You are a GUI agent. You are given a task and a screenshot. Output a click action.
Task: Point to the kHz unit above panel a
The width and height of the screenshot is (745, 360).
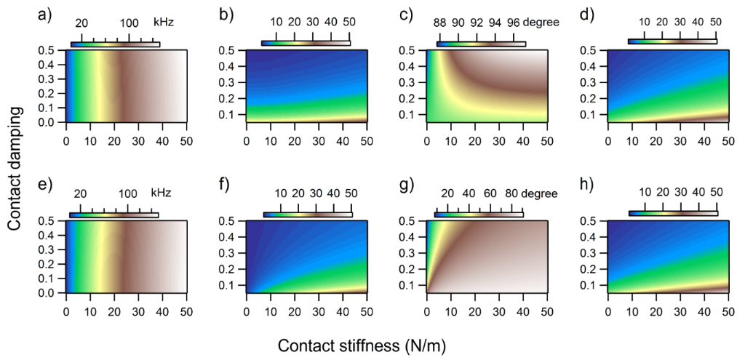pos(163,23)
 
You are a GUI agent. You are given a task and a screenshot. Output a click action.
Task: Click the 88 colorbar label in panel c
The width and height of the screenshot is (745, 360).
pos(439,23)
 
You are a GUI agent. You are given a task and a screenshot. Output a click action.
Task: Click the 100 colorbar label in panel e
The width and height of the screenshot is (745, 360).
pos(128,193)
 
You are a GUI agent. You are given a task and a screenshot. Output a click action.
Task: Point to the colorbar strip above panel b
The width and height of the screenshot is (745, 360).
pos(306,43)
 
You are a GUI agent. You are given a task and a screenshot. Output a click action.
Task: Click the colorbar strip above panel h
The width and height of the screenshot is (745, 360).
pos(672,212)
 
